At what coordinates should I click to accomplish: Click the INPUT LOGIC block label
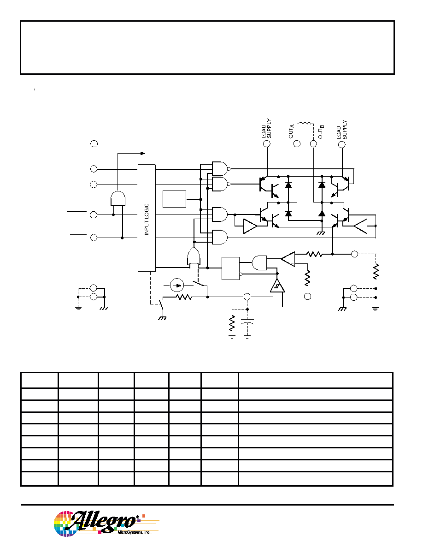tap(147, 219)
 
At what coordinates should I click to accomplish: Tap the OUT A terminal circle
tap(297, 143)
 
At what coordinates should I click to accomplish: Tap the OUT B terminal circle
tap(313, 143)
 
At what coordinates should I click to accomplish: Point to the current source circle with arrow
tap(177, 286)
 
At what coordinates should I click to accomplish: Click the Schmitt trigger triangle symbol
tap(277, 286)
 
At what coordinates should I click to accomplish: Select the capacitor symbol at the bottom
tap(247, 321)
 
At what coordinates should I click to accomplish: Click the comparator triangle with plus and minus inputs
tap(288, 259)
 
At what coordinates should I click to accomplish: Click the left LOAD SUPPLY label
tap(266, 129)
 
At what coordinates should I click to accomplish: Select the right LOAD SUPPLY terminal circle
tap(342, 144)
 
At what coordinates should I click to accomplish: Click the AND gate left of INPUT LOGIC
tap(118, 198)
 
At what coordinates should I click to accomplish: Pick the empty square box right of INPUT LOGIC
tap(175, 199)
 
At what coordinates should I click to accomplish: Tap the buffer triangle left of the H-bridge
tap(250, 226)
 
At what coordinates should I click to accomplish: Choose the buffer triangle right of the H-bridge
tap(360, 226)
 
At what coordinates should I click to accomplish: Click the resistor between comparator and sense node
tap(314, 254)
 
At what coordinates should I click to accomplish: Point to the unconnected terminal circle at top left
tap(94, 143)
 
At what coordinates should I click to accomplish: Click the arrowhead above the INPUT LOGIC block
tap(142, 153)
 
